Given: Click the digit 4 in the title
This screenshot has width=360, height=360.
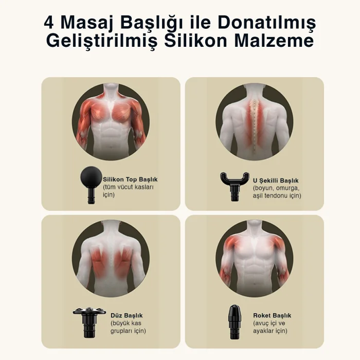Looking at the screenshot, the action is [x=49, y=23].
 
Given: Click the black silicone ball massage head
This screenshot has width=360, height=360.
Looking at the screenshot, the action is [x=91, y=185].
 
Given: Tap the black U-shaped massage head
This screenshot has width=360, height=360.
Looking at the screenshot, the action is [x=235, y=186].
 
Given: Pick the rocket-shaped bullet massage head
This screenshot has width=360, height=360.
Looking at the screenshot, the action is [x=235, y=322].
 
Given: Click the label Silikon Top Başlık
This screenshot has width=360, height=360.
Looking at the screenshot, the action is [x=130, y=179].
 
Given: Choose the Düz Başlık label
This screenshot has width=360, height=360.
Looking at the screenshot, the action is [x=127, y=315].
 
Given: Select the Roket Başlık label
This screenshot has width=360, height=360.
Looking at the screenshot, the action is [x=272, y=315].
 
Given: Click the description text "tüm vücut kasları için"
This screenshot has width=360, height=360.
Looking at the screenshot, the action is [x=128, y=191].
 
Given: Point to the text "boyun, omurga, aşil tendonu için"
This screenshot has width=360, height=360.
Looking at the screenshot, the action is [x=277, y=192].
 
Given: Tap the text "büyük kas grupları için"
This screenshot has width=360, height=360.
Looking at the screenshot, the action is [x=128, y=327].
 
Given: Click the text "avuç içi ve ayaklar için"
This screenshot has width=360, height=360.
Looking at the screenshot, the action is [x=270, y=327].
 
